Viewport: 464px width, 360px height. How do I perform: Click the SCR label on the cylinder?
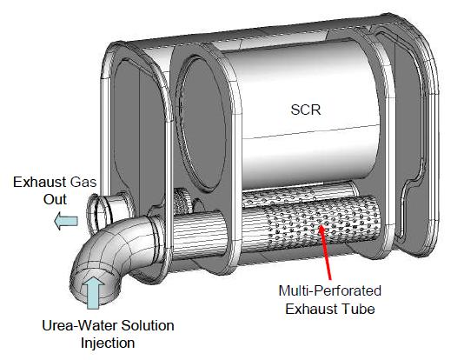(x=306, y=110)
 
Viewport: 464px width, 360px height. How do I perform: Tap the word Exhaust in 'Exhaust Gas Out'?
(x=39, y=182)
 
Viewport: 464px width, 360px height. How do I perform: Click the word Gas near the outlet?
(x=83, y=182)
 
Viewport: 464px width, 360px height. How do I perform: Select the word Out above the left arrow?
(x=55, y=199)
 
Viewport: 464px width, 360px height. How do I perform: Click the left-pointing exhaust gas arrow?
(x=66, y=221)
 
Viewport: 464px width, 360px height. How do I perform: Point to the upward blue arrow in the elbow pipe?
(x=93, y=292)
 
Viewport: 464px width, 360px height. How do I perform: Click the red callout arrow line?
(x=325, y=252)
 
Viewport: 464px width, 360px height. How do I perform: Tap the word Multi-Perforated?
(x=329, y=290)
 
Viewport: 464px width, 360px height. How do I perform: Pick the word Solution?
(x=148, y=325)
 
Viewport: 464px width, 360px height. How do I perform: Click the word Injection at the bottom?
(x=108, y=343)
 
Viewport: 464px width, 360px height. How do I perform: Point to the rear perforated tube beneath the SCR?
(x=299, y=194)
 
